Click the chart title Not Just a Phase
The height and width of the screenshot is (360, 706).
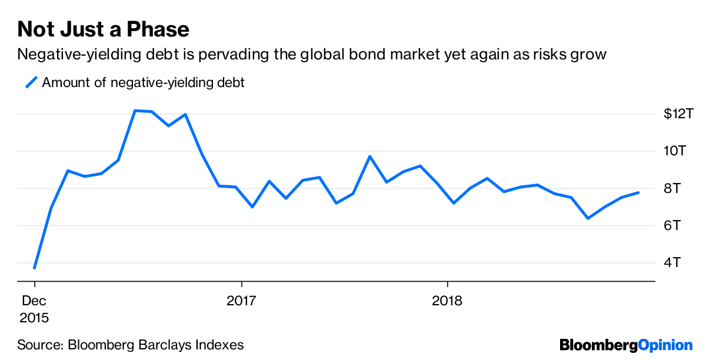[103, 29]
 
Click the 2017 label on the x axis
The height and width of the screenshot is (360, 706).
[241, 301]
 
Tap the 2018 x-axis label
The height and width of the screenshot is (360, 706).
[448, 301]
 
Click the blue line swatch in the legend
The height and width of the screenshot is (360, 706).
[31, 82]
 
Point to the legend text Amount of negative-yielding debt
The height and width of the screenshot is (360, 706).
[143, 82]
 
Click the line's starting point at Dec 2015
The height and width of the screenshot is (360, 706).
[35, 268]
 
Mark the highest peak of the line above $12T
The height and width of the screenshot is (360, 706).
[135, 111]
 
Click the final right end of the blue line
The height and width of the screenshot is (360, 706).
[638, 192]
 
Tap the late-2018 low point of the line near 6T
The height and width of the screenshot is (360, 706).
[588, 218]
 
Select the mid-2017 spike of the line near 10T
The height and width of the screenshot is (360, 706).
[369, 156]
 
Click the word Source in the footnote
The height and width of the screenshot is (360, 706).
[38, 345]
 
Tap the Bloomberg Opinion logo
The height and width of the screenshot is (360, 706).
[626, 345]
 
